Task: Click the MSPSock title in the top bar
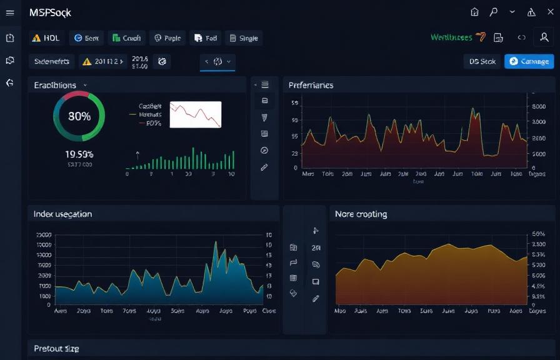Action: (x=50, y=12)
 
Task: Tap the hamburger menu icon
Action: (x=10, y=12)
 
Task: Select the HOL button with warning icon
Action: (x=46, y=38)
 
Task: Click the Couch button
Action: (x=126, y=38)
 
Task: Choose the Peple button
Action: (x=167, y=38)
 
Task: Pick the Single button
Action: (x=243, y=38)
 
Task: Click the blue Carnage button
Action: (x=529, y=61)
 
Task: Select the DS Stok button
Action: (x=483, y=61)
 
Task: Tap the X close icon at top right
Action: (x=551, y=12)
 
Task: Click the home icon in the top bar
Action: (x=474, y=12)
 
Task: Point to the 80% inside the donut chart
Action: (x=79, y=116)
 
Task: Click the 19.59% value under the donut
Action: (x=79, y=154)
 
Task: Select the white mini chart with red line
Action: (x=196, y=114)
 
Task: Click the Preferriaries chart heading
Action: (x=311, y=85)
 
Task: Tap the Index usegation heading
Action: (x=62, y=214)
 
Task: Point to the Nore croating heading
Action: (x=361, y=214)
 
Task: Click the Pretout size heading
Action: (x=56, y=348)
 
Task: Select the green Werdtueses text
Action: (x=451, y=37)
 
